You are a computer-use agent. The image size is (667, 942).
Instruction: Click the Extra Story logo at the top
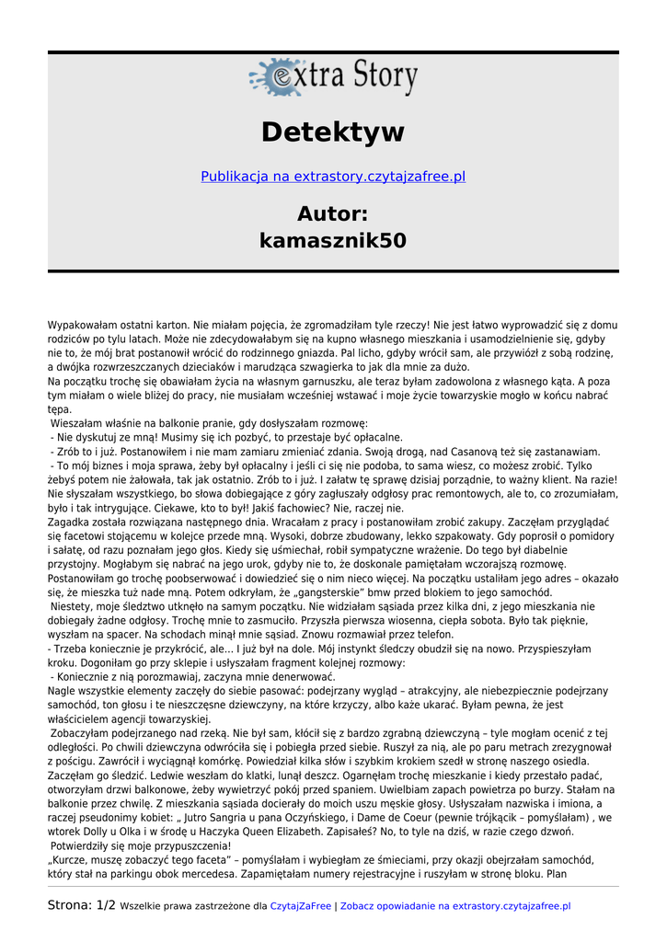tap(333, 77)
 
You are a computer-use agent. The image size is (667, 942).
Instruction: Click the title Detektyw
tap(333, 132)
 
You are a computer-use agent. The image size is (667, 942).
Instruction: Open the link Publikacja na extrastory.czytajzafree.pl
tap(333, 176)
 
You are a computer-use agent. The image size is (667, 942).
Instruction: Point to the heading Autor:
tap(333, 214)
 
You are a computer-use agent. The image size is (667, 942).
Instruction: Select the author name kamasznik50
tap(333, 241)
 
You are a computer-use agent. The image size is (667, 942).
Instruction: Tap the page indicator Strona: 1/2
tap(82, 906)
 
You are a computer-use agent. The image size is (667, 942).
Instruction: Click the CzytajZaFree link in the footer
tap(300, 907)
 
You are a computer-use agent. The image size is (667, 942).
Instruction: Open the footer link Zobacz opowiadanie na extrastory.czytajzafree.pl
tap(455, 907)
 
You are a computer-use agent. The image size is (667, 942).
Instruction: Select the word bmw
tap(391, 592)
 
